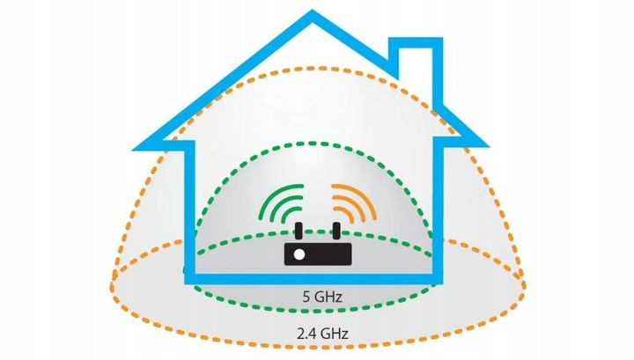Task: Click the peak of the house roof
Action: (313, 16)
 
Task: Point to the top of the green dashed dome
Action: (317, 144)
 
